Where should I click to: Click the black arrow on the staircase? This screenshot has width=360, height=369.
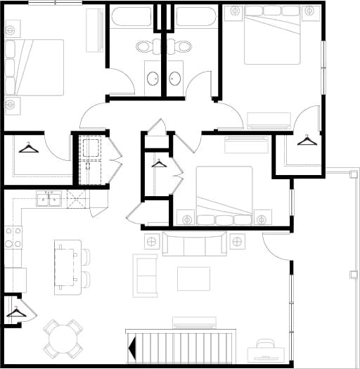(131, 347)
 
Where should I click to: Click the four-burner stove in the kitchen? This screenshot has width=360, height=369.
(13, 238)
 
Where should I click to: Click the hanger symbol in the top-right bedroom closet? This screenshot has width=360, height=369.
(307, 141)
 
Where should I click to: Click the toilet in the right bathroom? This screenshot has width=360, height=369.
(182, 46)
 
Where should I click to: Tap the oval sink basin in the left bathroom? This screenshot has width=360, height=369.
(153, 79)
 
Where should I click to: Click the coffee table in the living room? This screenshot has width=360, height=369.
(193, 279)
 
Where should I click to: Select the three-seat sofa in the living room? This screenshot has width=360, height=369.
(194, 243)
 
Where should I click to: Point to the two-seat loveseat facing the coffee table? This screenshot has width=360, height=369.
(146, 276)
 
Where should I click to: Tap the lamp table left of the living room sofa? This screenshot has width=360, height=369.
(151, 242)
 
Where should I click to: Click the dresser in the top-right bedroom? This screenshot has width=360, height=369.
(269, 120)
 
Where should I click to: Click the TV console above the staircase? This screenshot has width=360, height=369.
(194, 322)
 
